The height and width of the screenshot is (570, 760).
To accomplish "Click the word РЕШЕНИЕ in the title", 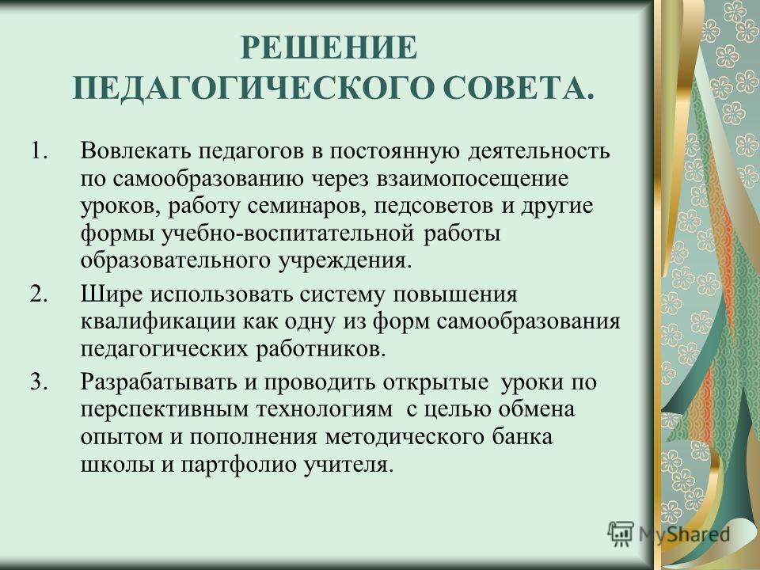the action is point(329,47).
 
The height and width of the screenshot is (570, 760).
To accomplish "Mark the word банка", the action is point(522,437).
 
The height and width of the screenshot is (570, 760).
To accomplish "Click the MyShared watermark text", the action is point(684,534).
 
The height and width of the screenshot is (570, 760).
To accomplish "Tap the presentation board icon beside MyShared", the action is point(621,534).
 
